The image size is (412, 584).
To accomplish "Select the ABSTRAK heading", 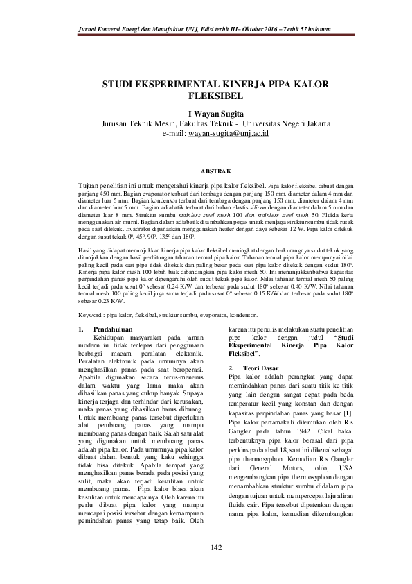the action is (x=215, y=169).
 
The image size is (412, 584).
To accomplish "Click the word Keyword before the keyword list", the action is (x=93, y=313).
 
